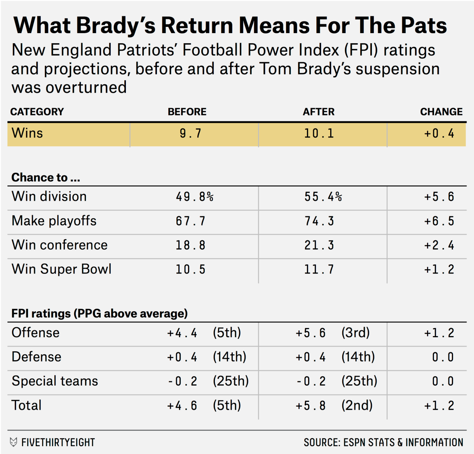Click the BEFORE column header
[x=187, y=112]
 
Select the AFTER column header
[x=319, y=112]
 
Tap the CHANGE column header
[x=441, y=112]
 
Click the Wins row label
[x=27, y=133]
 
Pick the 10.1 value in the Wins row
[x=319, y=133]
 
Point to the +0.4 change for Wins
[x=439, y=133]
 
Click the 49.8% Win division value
[x=195, y=196]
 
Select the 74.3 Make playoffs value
[x=319, y=221]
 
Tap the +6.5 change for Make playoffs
[x=439, y=221]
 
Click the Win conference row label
[x=59, y=245]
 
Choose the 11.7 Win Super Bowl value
[x=319, y=269]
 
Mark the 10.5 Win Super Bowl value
[x=190, y=269]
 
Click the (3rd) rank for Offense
[x=355, y=333]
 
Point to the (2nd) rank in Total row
[x=357, y=405]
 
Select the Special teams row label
[x=55, y=381]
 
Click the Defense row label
[x=37, y=357]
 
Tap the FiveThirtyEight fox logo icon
[x=14, y=442]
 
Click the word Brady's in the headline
[x=115, y=26]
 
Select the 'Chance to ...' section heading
[x=45, y=177]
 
